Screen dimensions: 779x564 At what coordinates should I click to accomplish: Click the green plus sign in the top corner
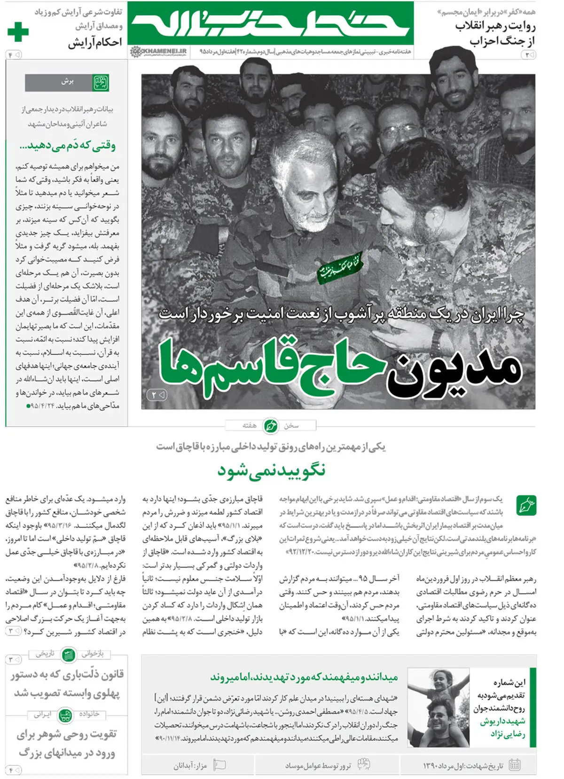[x=18, y=32]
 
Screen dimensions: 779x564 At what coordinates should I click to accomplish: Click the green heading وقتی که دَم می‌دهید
[x=67, y=146]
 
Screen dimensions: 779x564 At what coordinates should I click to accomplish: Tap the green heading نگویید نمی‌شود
[x=271, y=470]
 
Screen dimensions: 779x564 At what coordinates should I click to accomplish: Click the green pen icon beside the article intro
[x=526, y=505]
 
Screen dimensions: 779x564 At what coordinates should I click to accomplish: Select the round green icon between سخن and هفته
[x=270, y=426]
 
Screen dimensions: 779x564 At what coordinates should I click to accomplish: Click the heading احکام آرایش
[x=95, y=43]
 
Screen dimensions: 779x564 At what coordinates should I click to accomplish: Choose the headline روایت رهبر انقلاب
[x=495, y=26]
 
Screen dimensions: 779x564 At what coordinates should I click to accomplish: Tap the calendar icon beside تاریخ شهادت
[x=515, y=765]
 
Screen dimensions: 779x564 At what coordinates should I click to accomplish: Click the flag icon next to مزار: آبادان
[x=219, y=765]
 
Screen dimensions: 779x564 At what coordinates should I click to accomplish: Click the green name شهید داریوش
[x=502, y=721]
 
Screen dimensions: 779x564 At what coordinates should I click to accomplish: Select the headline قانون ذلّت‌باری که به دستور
[x=67, y=675]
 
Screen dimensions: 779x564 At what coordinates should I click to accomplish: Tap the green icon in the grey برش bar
[x=100, y=82]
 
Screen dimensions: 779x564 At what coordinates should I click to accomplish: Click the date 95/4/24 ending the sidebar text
[x=43, y=405]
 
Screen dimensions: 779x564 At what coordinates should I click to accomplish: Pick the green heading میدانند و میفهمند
[x=304, y=677]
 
